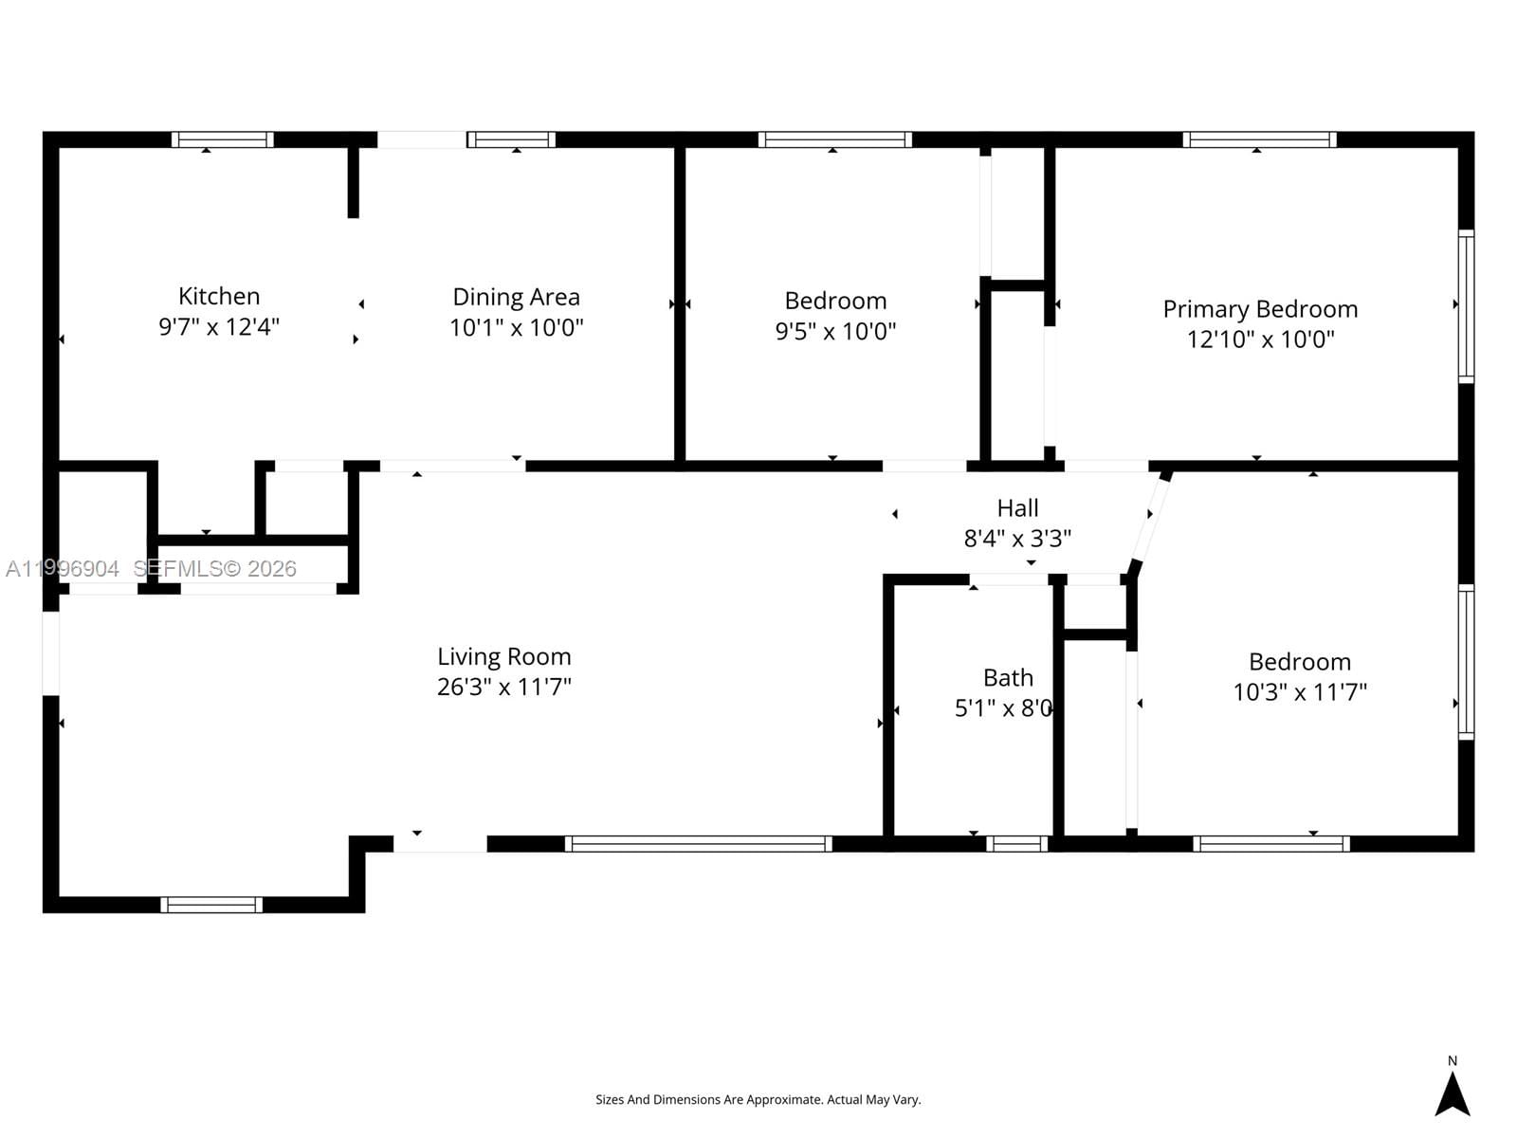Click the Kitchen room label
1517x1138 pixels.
tap(219, 296)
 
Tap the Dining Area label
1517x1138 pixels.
tap(516, 297)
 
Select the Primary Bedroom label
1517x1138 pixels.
tap(1260, 309)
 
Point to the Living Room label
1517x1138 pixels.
tap(503, 656)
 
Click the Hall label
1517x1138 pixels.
tap(1017, 508)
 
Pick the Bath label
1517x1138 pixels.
tap(1008, 678)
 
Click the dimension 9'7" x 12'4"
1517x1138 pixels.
tap(219, 327)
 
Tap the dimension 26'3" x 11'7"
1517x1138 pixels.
tap(503, 687)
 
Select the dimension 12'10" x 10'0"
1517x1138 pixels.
tap(1260, 340)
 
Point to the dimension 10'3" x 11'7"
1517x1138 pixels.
tap(1299, 692)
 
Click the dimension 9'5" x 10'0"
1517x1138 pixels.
tap(835, 331)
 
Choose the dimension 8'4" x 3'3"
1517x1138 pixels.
tap(1017, 539)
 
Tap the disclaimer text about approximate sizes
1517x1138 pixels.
tap(758, 1100)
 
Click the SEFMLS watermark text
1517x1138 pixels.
tap(214, 569)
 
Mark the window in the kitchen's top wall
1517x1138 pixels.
tap(223, 139)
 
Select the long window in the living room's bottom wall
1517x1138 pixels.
tap(699, 844)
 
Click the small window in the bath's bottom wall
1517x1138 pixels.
tap(1016, 844)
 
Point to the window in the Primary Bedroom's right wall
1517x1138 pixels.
tap(1466, 306)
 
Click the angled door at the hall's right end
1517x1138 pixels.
tap(1149, 522)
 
